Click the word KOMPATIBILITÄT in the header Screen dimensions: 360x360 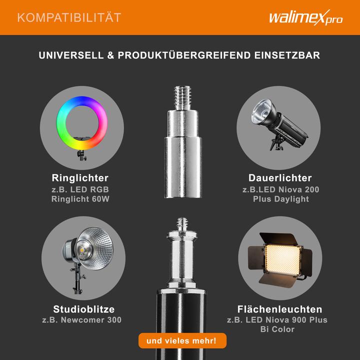[x=69, y=18]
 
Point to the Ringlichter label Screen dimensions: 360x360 [x=80, y=178]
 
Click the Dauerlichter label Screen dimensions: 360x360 [x=280, y=178]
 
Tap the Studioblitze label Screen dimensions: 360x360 [x=83, y=309]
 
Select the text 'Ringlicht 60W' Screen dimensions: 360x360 [x=80, y=199]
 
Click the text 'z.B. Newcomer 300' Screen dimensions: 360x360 [x=81, y=320]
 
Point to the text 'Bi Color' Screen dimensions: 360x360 [x=277, y=329]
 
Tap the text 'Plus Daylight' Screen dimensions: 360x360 [x=280, y=199]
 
